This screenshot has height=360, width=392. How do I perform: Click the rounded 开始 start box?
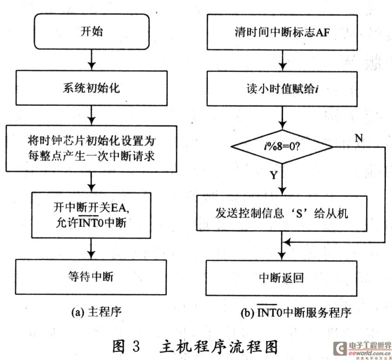92,32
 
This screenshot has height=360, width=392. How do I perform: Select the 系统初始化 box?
92,88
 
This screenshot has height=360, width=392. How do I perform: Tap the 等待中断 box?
91,277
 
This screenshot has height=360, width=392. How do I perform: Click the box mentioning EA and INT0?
91,215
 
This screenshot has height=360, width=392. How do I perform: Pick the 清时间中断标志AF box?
282,32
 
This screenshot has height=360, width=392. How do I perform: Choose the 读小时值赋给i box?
282,89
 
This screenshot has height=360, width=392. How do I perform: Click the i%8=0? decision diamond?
282,146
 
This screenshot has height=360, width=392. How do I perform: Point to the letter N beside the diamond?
359,137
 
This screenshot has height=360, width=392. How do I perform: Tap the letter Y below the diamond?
274,175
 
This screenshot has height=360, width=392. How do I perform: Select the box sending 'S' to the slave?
282,213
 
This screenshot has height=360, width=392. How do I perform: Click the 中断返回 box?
281,278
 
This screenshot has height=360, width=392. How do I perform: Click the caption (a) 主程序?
96,312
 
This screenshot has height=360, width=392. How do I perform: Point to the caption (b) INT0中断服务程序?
296,312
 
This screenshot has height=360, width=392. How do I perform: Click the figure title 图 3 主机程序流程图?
195,347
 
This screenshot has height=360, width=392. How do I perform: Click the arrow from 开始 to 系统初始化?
92,60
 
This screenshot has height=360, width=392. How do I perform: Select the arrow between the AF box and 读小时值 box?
283,61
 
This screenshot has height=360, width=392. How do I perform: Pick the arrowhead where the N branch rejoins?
287,242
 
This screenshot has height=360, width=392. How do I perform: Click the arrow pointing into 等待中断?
91,249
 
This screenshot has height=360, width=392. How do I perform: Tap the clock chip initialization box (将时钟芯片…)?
92,149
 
